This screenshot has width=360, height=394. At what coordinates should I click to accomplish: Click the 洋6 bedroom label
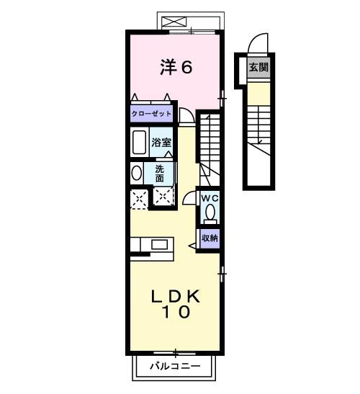pyautogui.click(x=175, y=67)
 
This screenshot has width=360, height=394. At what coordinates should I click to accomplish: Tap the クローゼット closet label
pyautogui.click(x=152, y=114)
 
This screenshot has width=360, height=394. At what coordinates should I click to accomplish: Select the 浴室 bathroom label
pyautogui.click(x=161, y=142)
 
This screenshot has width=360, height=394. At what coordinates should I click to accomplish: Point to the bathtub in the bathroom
pyautogui.click(x=140, y=142)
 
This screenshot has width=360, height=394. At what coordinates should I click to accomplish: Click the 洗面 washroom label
pyautogui.click(x=159, y=174)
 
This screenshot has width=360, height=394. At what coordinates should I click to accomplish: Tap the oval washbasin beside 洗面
pyautogui.click(x=136, y=174)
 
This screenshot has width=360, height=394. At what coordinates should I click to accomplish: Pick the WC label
pyautogui.click(x=209, y=197)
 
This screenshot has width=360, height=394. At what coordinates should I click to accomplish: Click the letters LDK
pyautogui.click(x=175, y=296)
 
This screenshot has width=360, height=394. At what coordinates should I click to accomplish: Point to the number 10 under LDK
pyautogui.click(x=175, y=313)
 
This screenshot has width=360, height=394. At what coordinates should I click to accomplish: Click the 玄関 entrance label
pyautogui.click(x=257, y=67)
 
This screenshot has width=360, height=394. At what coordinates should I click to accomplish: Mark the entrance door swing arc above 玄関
pyautogui.click(x=257, y=45)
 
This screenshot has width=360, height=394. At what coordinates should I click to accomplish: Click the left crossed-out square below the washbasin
pyautogui.click(x=139, y=198)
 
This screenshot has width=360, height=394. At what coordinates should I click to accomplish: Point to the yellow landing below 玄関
pyautogui.click(x=257, y=94)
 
